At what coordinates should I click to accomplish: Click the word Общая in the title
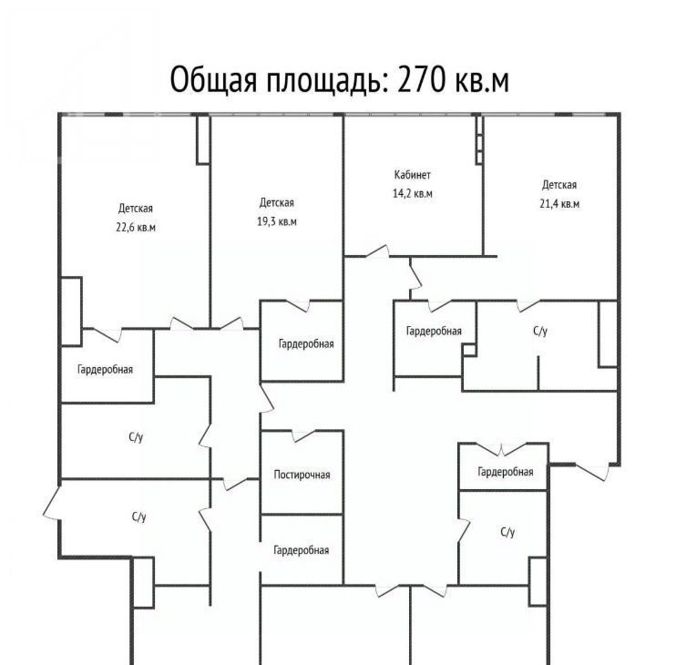pyautogui.click(x=213, y=81)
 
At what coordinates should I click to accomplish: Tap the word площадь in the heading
pyautogui.click(x=323, y=81)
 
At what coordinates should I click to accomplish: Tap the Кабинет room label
pyautogui.click(x=412, y=175)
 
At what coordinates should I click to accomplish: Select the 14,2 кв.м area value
pyautogui.click(x=412, y=193)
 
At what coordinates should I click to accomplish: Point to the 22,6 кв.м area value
pyautogui.click(x=136, y=227)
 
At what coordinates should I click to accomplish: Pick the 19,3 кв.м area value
pyautogui.click(x=277, y=221)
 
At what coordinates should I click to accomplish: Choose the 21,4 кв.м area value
pyautogui.click(x=559, y=203)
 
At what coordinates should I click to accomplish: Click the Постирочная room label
pyautogui.click(x=302, y=475)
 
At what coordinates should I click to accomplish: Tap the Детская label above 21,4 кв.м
pyautogui.click(x=559, y=185)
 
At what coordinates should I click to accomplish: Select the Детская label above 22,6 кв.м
pyautogui.click(x=136, y=209)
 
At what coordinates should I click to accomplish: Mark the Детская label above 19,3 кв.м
pyautogui.click(x=277, y=203)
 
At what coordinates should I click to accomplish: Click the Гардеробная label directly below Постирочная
pyautogui.click(x=302, y=550)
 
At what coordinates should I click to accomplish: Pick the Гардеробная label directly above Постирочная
pyautogui.click(x=306, y=344)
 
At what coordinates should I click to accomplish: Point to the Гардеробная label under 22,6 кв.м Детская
pyautogui.click(x=105, y=369)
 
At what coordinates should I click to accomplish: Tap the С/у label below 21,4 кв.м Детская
pyautogui.click(x=540, y=331)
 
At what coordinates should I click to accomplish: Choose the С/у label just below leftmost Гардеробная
pyautogui.click(x=136, y=437)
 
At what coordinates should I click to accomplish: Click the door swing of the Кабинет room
pyautogui.click(x=377, y=251)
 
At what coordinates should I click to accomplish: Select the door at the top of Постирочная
pyautogui.click(x=304, y=435)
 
